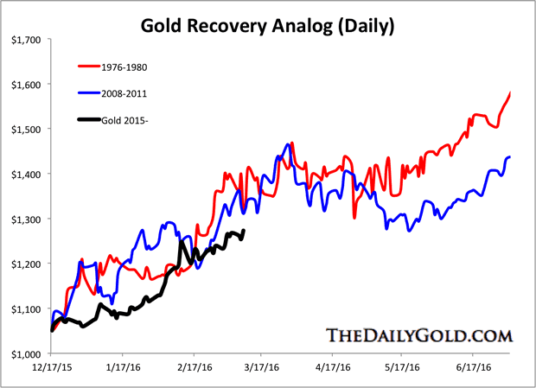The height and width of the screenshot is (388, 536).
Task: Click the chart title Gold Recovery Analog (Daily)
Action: pos(268,25)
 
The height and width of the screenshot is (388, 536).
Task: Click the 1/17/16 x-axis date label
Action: pos(122,366)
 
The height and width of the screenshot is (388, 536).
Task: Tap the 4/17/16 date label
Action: pos(332,366)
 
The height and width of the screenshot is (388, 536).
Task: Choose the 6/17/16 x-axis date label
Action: pos(472,366)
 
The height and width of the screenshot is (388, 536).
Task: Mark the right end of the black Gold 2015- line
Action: pos(243,231)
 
